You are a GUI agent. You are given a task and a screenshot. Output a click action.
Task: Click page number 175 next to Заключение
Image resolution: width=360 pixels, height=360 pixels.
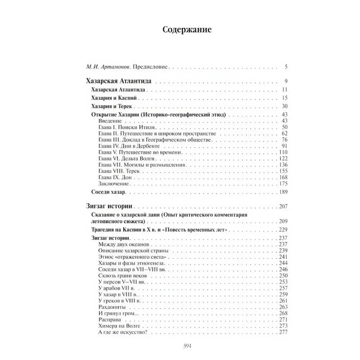click(283, 184)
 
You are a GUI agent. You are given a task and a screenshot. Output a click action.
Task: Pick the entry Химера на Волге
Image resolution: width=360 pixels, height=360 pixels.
click(117, 325)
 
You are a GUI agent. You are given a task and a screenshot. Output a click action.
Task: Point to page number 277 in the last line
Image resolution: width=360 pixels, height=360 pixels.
click(283, 332)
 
